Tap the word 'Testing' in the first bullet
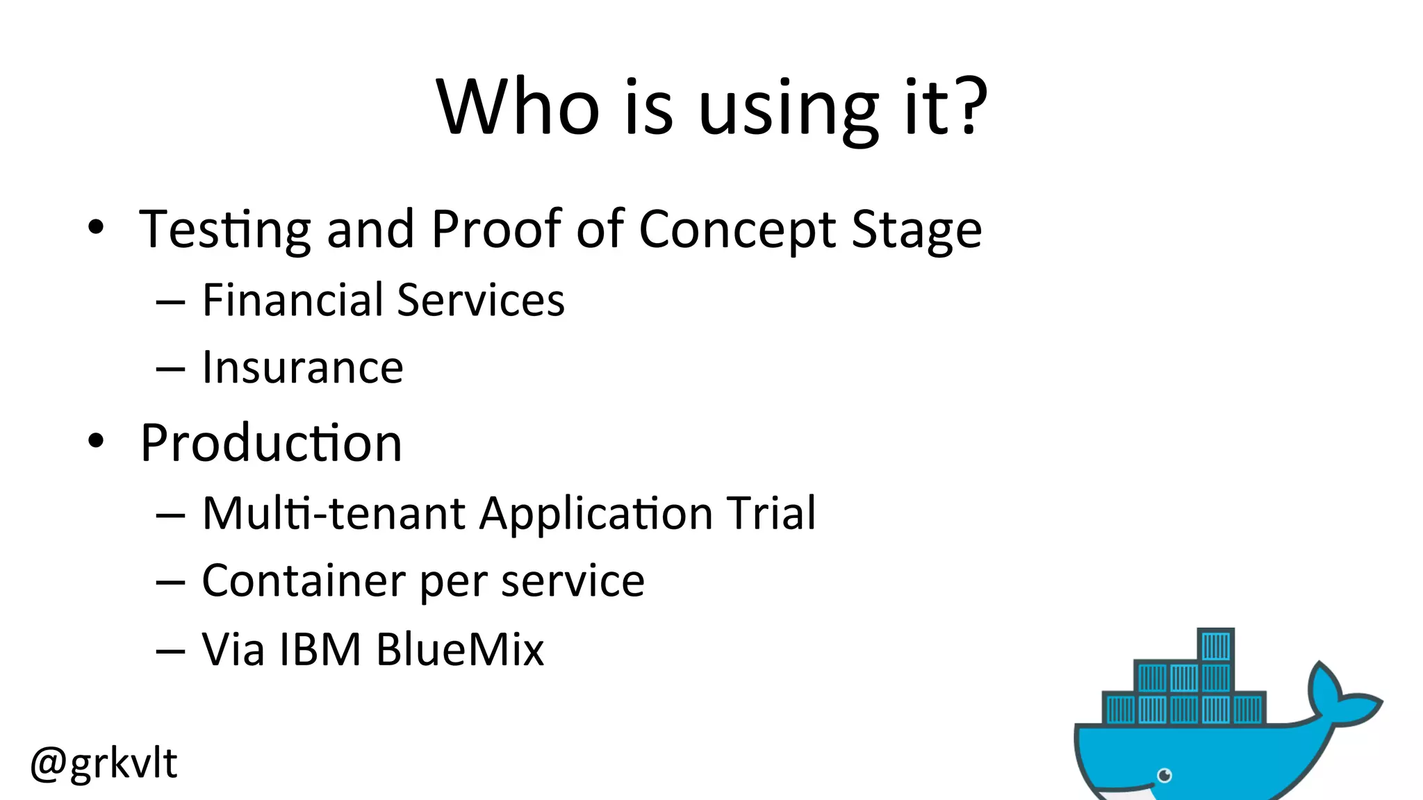coord(224,230)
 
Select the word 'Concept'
coord(737,230)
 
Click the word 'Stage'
coord(916,230)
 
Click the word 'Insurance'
coord(302,367)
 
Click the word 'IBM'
coord(320,650)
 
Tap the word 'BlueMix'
coord(459,650)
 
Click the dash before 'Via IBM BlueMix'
coord(170,651)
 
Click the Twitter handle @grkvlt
coord(104,763)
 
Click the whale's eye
coord(1165,775)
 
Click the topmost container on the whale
coord(1216,646)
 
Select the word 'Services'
coord(481,300)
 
